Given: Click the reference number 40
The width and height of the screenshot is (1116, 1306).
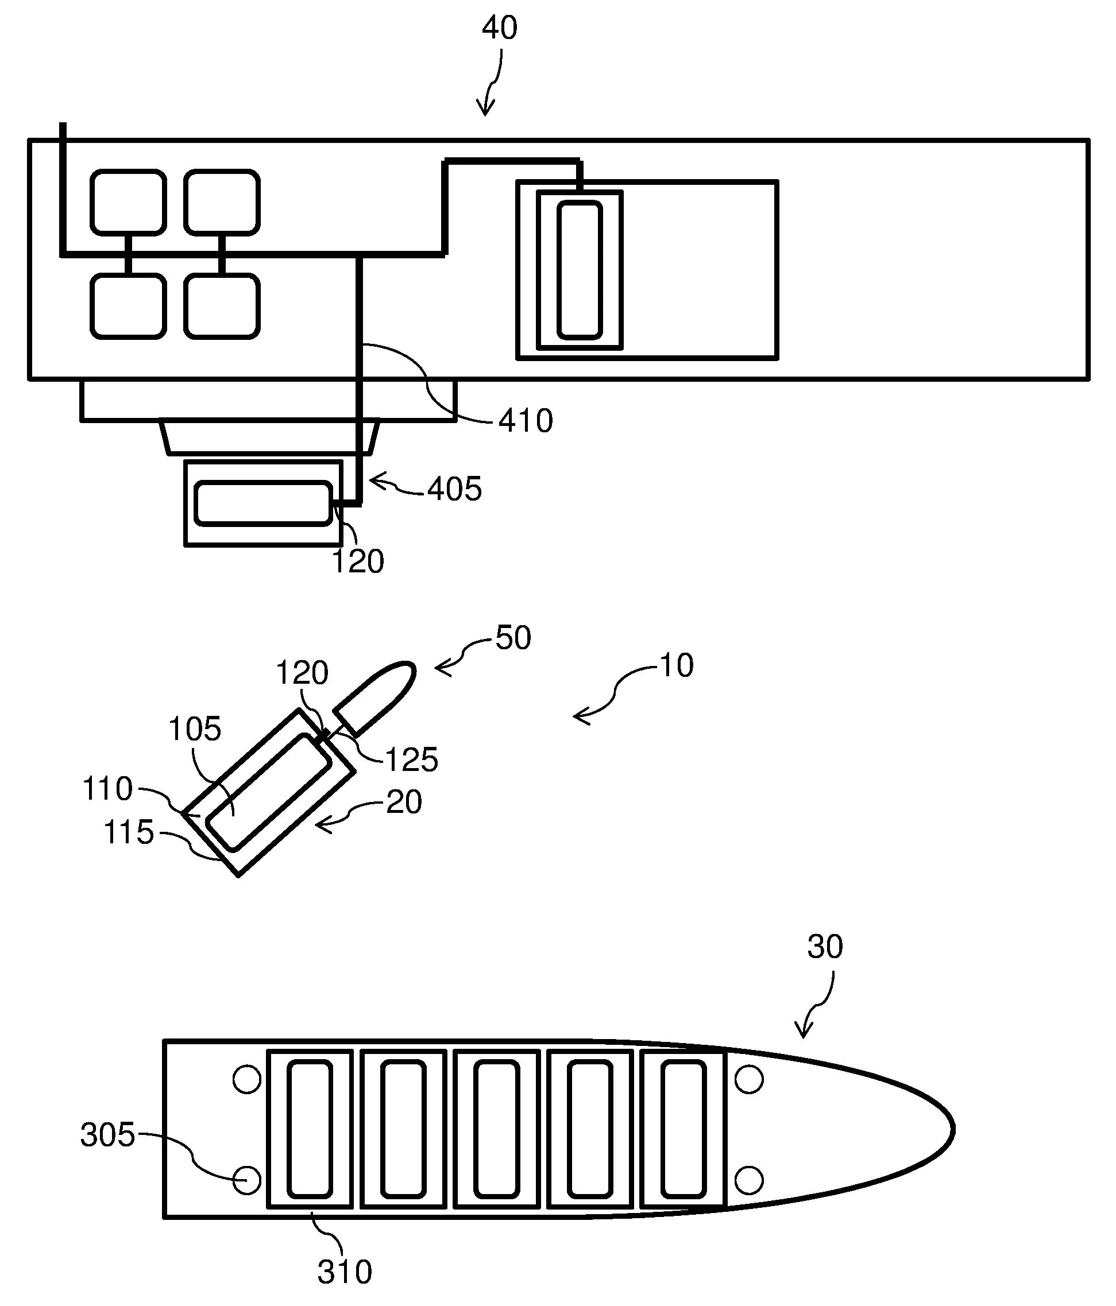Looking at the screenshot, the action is (499, 28).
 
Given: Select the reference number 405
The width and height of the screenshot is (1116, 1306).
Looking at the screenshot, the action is (454, 489).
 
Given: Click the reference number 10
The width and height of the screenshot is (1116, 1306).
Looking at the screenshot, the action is (677, 665).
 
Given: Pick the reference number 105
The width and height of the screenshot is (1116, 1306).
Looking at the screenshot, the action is (195, 729).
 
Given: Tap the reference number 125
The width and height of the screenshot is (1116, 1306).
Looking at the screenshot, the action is (411, 760).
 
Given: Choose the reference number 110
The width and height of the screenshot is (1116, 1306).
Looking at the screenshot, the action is (108, 789).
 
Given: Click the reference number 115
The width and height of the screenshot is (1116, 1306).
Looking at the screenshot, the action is (129, 832).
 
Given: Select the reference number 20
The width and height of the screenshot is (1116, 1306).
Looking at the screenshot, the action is (404, 803).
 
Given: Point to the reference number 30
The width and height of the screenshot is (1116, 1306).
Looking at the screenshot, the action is (825, 947).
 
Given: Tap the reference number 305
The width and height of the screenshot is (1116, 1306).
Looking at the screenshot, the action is (108, 1135).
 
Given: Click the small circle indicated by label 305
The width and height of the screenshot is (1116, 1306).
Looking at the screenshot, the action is (246, 1179).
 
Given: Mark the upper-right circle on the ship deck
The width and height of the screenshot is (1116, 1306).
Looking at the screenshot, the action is (749, 1079).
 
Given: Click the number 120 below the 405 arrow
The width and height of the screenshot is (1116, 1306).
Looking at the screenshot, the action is (357, 561).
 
